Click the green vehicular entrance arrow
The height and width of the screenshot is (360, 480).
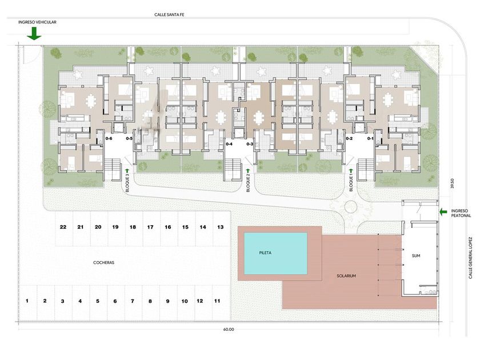[x=34, y=33]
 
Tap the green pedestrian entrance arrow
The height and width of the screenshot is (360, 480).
[x=443, y=211]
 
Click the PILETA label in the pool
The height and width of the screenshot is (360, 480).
[x=265, y=253]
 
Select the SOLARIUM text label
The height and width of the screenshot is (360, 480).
[x=346, y=276]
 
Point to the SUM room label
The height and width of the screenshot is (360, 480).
[x=416, y=255]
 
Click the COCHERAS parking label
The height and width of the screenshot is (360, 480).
[x=104, y=263]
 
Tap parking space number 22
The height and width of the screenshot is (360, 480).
[x=63, y=227]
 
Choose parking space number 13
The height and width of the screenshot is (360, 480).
[x=221, y=227]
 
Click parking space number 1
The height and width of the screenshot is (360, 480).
[x=27, y=301]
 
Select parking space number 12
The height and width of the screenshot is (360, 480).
[x=199, y=301]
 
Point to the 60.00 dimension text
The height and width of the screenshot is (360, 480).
[x=229, y=330]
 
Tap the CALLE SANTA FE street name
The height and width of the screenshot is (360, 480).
[x=169, y=14]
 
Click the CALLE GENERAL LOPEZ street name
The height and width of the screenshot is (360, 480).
[x=470, y=258]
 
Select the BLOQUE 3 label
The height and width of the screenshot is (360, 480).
[x=127, y=183]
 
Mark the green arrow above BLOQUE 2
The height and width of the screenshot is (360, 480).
[x=248, y=170]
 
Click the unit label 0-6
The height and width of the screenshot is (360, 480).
[x=109, y=139]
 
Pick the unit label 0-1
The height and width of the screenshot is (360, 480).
[x=370, y=139]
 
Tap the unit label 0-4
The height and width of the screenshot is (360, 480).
[x=229, y=144]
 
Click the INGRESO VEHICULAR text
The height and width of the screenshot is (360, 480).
[x=37, y=22]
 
